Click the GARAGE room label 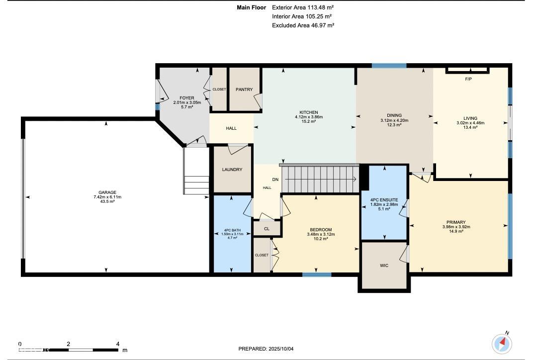tap(107, 192)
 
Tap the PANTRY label tap(244, 90)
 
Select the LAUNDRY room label tap(232, 170)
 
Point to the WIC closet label tap(384, 266)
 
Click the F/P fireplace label tap(468, 79)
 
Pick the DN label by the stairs tap(275, 180)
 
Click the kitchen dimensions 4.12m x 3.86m tap(309, 117)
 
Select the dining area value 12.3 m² tap(394, 125)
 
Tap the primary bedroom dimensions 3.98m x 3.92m tap(456, 227)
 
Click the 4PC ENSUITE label tap(384, 200)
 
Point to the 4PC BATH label tap(232, 230)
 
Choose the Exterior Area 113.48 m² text tap(303, 7)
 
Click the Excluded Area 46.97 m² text tap(303, 25)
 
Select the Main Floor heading tap(252, 7)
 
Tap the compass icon tap(502, 343)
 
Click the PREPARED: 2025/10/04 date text tap(266, 349)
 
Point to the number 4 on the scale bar tap(118, 344)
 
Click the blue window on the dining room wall tap(389, 66)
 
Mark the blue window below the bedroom tap(317, 274)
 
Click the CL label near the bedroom tap(267, 229)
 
